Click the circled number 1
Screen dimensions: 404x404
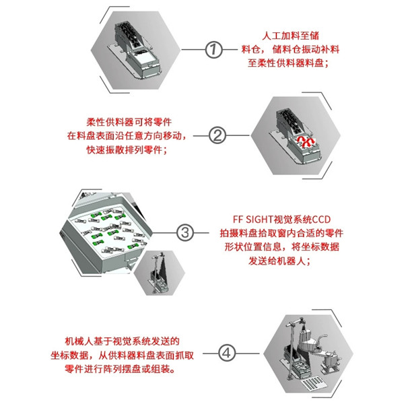(x=213, y=49)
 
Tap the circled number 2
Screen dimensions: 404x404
(x=217, y=135)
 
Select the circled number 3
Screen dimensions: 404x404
(x=184, y=233)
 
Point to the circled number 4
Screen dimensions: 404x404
(x=227, y=353)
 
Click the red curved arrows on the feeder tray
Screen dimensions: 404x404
(x=305, y=141)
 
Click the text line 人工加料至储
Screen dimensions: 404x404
(x=290, y=36)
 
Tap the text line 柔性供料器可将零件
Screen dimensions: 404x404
(x=129, y=122)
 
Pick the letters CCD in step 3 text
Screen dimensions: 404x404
(x=321, y=220)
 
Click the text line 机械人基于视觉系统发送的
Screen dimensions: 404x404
(x=122, y=341)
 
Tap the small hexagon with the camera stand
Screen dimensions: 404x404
(x=159, y=273)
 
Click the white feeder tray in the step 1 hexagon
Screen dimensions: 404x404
(x=142, y=58)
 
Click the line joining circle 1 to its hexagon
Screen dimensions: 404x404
(x=193, y=49)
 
